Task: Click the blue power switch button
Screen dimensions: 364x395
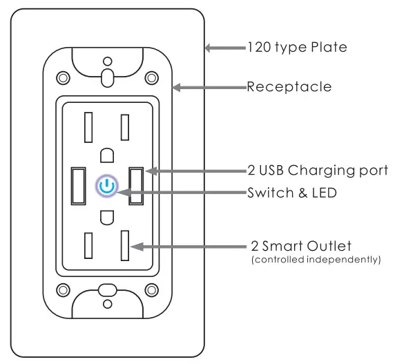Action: click(x=106, y=186)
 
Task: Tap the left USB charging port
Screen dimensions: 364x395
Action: click(x=77, y=186)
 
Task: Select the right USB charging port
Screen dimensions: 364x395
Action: click(x=135, y=186)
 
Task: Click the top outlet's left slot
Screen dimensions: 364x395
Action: click(x=88, y=127)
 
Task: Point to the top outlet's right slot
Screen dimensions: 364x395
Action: click(x=125, y=127)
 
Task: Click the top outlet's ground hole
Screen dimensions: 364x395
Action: click(x=106, y=154)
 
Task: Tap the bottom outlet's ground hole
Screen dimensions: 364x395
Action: click(x=106, y=218)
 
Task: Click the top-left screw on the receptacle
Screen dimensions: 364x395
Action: click(x=62, y=77)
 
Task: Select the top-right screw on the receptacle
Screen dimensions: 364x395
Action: click(x=151, y=77)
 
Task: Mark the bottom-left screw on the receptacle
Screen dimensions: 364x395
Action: click(x=62, y=289)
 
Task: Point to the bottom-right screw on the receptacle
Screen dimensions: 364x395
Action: click(x=151, y=289)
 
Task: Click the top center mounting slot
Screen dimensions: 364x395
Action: click(x=106, y=75)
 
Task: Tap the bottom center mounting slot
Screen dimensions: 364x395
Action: click(x=106, y=290)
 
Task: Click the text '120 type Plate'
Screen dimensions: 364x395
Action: click(x=297, y=48)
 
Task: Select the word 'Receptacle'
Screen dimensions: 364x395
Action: click(x=289, y=87)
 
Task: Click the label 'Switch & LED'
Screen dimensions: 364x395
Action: click(x=292, y=193)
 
